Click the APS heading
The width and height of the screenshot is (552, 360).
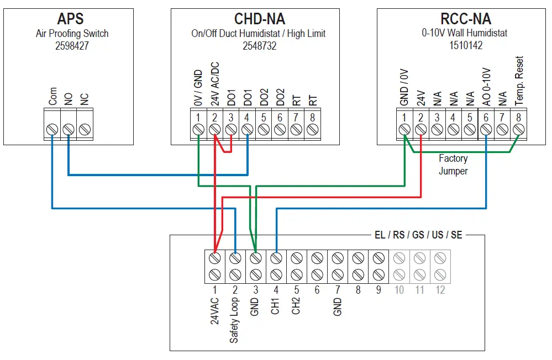(x=71, y=19)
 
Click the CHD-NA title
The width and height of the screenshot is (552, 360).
(x=259, y=19)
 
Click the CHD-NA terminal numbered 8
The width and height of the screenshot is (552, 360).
(x=313, y=129)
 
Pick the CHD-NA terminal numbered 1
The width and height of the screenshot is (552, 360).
(x=198, y=129)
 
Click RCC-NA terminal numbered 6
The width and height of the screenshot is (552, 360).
(x=486, y=129)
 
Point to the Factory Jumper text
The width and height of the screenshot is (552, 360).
(x=453, y=165)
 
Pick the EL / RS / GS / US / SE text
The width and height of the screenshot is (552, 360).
(x=418, y=235)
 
